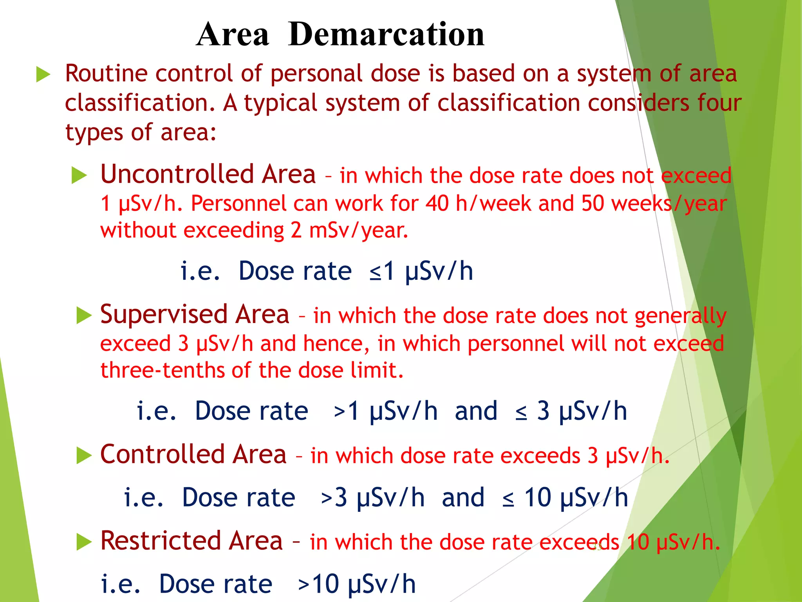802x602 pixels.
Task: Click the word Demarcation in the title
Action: (386, 34)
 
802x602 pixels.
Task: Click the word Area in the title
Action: (233, 34)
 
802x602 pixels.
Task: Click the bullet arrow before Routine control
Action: (43, 74)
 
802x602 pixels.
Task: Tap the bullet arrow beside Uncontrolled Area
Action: (79, 175)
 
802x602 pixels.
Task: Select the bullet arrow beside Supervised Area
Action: (84, 316)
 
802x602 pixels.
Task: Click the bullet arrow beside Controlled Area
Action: (84, 455)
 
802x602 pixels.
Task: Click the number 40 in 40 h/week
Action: (437, 204)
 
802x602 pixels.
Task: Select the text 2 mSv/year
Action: (349, 230)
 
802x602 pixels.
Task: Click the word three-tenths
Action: (163, 370)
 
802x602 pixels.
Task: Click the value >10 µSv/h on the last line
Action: (356, 584)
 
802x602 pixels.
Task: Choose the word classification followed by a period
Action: (140, 103)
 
